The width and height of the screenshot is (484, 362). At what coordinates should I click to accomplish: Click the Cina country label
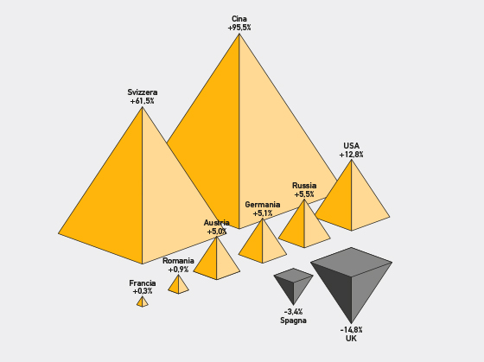pyautogui.click(x=239, y=19)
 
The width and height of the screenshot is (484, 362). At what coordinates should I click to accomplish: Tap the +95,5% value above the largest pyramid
pyautogui.click(x=239, y=28)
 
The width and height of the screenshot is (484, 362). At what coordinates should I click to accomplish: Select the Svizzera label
pyautogui.click(x=143, y=92)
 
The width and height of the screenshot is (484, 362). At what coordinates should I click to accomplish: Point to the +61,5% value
pyautogui.click(x=143, y=101)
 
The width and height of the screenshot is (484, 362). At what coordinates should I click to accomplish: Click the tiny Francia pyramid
pyautogui.click(x=143, y=302)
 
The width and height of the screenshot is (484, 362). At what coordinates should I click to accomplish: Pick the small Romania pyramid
pyautogui.click(x=178, y=284)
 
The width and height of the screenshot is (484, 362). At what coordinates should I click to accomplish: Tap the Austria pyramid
pyautogui.click(x=217, y=258)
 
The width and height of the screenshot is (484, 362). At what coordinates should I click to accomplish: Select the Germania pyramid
pyautogui.click(x=263, y=241)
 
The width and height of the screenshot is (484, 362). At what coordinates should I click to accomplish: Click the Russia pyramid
pyautogui.click(x=304, y=224)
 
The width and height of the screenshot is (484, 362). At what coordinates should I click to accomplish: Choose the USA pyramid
pyautogui.click(x=352, y=195)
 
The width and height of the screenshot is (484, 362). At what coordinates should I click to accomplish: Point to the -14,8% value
pyautogui.click(x=351, y=330)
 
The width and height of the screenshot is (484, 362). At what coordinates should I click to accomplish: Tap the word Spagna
pyautogui.click(x=293, y=321)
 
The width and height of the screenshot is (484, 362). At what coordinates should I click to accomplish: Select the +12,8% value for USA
pyautogui.click(x=351, y=155)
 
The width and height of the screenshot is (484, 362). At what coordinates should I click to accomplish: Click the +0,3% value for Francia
pyautogui.click(x=143, y=291)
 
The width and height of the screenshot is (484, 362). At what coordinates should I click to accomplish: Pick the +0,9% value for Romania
pyautogui.click(x=178, y=270)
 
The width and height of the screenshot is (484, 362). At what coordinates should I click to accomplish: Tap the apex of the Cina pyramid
pyautogui.click(x=239, y=34)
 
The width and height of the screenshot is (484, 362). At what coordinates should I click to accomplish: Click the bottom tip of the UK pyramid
pyautogui.click(x=351, y=324)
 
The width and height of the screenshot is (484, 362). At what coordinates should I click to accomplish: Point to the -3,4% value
pyautogui.click(x=293, y=312)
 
